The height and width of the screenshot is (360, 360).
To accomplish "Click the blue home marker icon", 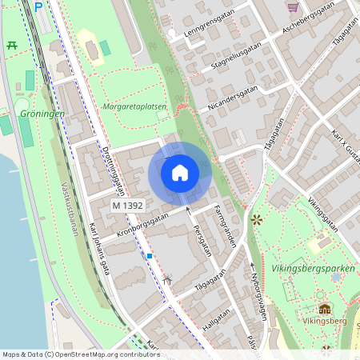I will pyautogui.click(x=180, y=172).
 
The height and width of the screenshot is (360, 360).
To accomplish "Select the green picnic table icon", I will pyautogui.click(x=11, y=46).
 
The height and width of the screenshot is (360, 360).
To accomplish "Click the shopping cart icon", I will pyautogui.click(x=293, y=6).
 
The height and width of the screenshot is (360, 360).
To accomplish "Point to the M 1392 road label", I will pyautogui.click(x=127, y=206).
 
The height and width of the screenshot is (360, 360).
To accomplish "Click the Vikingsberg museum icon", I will pyautogui.click(x=325, y=308).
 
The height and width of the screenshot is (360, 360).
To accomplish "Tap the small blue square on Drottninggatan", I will pyautogui.click(x=149, y=256).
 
